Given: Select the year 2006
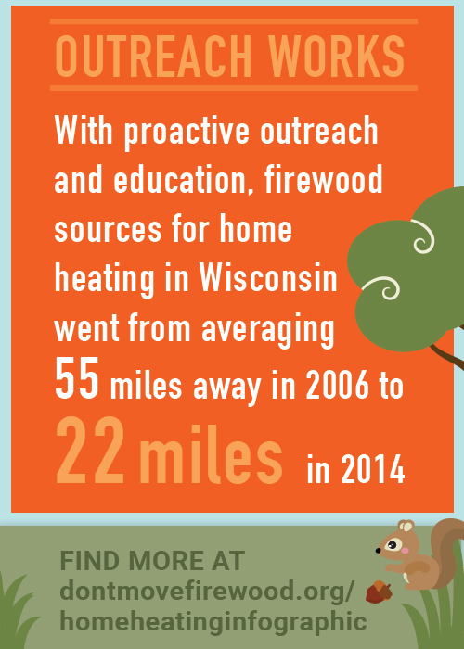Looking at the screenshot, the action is click(337, 387).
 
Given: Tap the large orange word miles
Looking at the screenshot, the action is click(212, 454).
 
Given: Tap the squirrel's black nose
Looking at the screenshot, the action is click(379, 551).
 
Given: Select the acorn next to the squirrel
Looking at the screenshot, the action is click(379, 592).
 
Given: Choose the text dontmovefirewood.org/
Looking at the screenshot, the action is click(207, 592).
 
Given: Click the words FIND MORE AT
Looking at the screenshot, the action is click(152, 562).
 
